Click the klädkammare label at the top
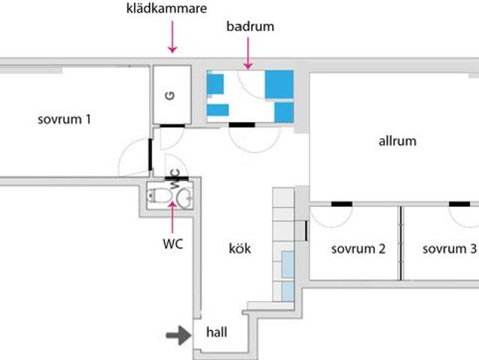coord(166,8)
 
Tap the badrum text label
coord(250,26)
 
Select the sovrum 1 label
coord(64,119)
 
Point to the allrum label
coord(397,141)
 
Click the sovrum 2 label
coord(358,249)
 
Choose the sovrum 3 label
coord(449,249)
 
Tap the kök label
coord(240,248)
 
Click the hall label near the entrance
coord(217,332)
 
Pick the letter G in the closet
coord(170,96)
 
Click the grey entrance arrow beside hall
coord(178,335)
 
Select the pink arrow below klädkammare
coord(172,37)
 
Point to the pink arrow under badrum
coord(248,53)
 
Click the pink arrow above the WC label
coord(172,217)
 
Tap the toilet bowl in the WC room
coord(159,196)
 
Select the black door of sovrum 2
coord(342,204)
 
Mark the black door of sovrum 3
coord(460,204)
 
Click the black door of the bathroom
coord(242,124)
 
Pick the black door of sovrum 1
coord(151,154)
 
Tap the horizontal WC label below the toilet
coord(173,244)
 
